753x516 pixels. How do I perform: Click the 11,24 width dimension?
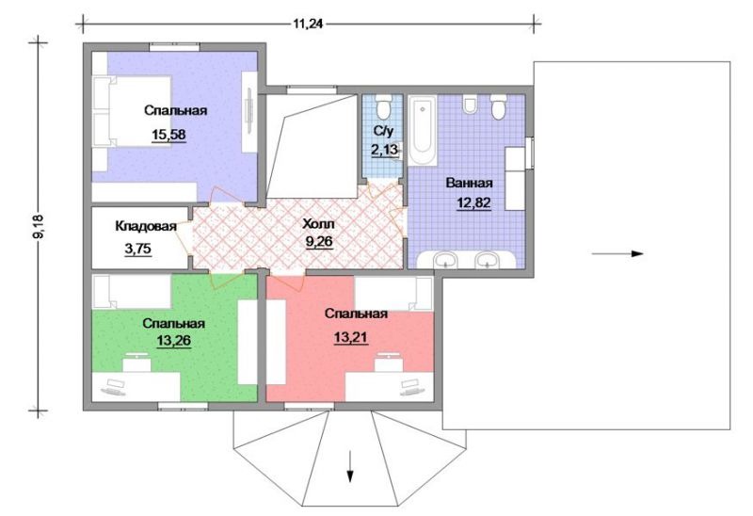308,24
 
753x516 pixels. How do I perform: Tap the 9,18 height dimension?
39,227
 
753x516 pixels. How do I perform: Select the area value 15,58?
168,135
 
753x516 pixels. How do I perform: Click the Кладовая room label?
146,226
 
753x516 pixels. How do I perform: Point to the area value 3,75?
137,249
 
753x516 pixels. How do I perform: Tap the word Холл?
318,224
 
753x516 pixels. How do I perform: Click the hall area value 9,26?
319,241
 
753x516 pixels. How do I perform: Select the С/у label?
383,131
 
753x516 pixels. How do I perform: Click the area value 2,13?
384,150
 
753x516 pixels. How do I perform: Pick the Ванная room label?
469,183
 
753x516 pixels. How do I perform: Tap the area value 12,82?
473,202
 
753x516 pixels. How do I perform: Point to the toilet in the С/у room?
383,106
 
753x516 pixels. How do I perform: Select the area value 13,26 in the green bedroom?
173,341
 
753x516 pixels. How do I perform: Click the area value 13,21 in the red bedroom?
351,338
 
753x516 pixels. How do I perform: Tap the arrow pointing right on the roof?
617,253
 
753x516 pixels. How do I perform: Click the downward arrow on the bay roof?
350,466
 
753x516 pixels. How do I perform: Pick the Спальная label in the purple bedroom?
176,110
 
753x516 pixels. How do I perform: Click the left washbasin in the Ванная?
446,261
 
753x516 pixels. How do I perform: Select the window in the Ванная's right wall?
530,153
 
